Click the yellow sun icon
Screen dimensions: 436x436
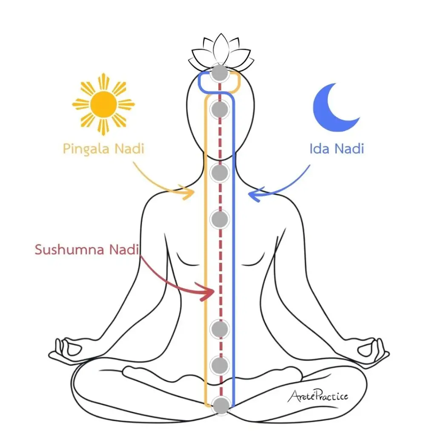103,104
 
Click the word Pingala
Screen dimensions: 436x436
86,149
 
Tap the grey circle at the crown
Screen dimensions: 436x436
220,73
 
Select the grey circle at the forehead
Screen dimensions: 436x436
220,109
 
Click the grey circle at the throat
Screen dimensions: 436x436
220,173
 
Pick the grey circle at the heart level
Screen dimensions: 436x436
220,219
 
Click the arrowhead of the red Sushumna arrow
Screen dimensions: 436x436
207,291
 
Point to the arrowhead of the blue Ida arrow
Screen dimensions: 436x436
254,194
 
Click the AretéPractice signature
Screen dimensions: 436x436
318,396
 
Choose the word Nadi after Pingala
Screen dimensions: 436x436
129,148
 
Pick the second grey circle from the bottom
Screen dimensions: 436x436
220,365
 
